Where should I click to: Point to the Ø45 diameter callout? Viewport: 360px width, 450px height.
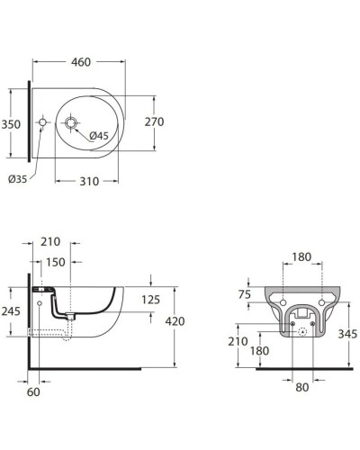(x=99, y=136)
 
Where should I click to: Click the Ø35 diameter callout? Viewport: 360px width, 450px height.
(x=18, y=179)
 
